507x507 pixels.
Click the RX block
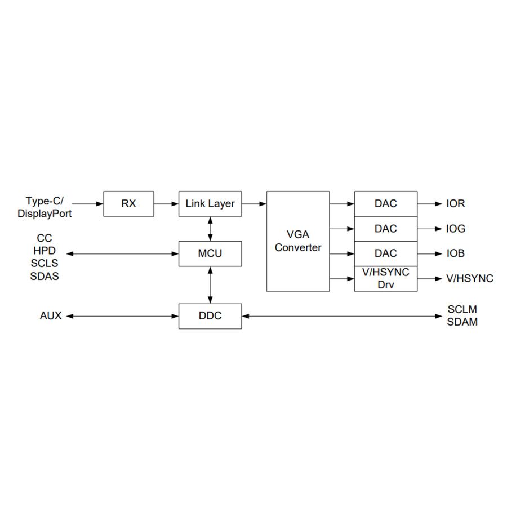tap(128, 204)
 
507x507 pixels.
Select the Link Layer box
tap(210, 204)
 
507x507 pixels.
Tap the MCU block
tap(210, 253)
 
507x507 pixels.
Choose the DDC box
tap(210, 316)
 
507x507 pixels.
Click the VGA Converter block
tap(298, 241)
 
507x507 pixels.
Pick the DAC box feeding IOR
tap(386, 204)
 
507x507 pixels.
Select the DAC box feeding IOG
tap(386, 229)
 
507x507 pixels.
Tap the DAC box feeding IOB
tap(386, 253)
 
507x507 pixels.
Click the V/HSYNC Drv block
tap(386, 278)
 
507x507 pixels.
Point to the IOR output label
tap(456, 204)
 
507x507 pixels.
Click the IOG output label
tap(456, 229)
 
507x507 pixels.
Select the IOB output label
tap(456, 253)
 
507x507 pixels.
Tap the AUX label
tap(51, 316)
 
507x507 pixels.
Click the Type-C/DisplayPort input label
tap(45, 207)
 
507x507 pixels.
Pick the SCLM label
tap(462, 310)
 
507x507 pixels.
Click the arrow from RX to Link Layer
tap(166, 204)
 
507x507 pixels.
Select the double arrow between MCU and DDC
tap(210, 285)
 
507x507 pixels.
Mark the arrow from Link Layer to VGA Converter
tap(254, 204)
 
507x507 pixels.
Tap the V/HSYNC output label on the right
tap(470, 278)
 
